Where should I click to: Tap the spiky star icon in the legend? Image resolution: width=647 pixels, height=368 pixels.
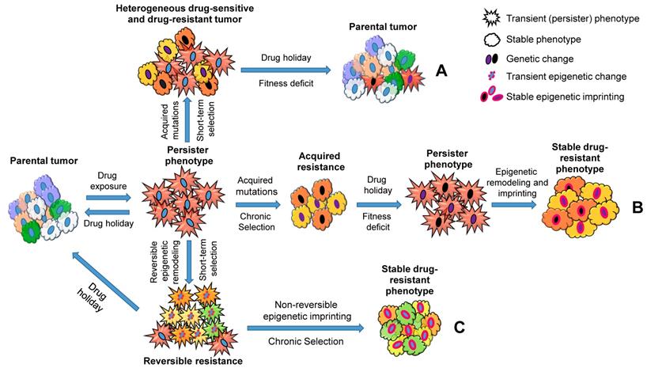coord(489,17)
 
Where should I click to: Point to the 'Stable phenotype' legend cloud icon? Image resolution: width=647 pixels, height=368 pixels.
coord(489,38)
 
